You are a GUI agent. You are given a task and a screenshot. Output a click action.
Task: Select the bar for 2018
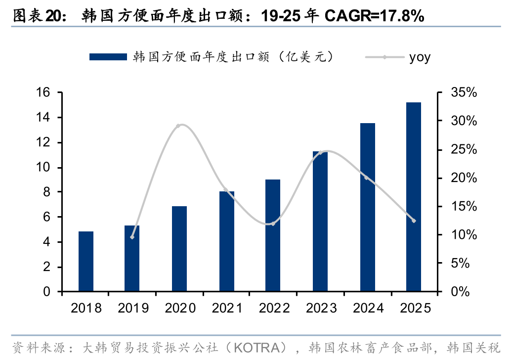click(86, 261)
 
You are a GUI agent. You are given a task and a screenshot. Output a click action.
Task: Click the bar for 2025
click(413, 197)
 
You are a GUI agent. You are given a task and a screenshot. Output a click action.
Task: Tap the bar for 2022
click(273, 235)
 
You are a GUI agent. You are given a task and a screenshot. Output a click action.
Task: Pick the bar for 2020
click(179, 249)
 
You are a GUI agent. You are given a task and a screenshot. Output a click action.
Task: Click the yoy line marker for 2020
click(178, 126)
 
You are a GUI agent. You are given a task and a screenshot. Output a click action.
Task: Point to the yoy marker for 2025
click(414, 221)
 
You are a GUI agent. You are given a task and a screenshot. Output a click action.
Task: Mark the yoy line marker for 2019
click(132, 237)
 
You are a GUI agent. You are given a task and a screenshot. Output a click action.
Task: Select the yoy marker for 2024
click(366, 178)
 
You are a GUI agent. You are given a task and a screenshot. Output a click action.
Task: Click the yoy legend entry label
click(420, 58)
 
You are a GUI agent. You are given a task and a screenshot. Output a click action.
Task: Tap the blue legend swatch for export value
click(108, 57)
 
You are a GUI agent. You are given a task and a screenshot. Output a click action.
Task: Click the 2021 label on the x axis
click(227, 308)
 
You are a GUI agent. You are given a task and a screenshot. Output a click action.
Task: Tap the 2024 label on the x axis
click(368, 308)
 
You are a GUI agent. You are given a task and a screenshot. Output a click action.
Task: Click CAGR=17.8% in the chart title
click(374, 15)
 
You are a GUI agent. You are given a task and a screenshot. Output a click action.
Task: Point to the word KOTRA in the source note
click(257, 348)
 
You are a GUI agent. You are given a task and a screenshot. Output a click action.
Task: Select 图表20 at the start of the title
click(37, 15)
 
